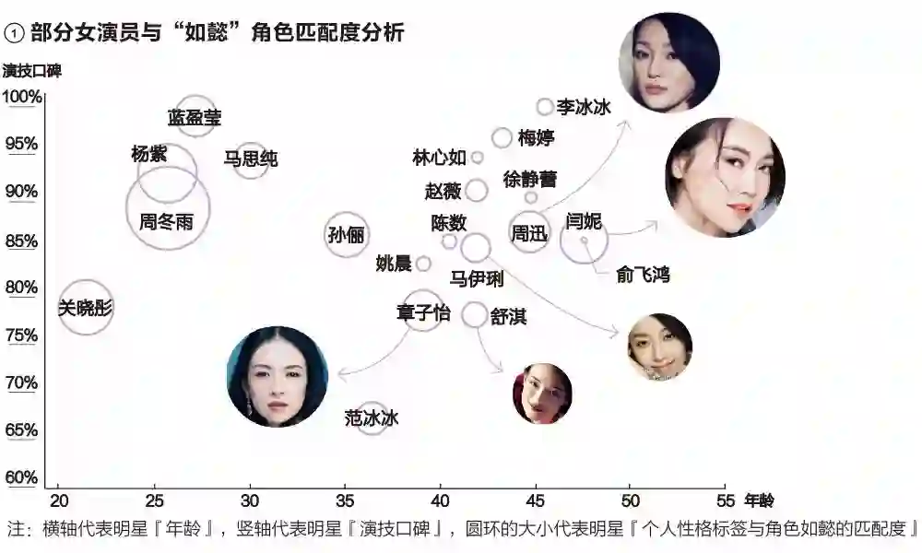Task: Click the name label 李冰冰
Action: [x=584, y=107]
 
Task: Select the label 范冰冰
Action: [x=372, y=418]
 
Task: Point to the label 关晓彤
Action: [x=85, y=308]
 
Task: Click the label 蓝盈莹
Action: [x=195, y=118]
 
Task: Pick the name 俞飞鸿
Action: [x=643, y=274]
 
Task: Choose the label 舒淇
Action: [x=508, y=316]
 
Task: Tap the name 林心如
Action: [x=439, y=158]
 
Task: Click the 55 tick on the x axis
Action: [x=725, y=500]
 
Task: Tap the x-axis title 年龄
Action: [x=760, y=500]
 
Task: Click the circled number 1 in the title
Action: [x=14, y=33]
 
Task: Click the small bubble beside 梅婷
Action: [x=502, y=138]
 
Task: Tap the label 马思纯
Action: [x=250, y=159]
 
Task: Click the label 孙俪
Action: [x=346, y=235]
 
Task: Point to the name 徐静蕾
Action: [x=530, y=179]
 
